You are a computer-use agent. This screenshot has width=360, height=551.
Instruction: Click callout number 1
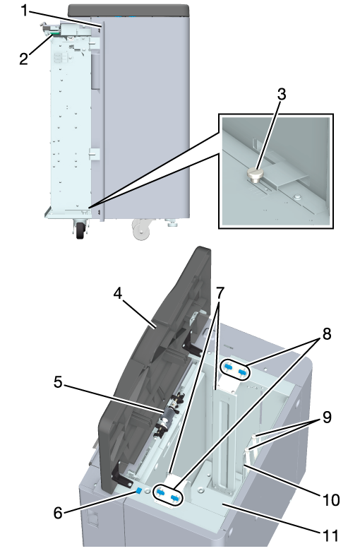pyautogui.click(x=24, y=11)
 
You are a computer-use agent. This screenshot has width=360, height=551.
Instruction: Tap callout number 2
pyautogui.click(x=23, y=59)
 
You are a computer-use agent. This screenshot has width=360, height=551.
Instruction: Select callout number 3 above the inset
pyautogui.click(x=282, y=94)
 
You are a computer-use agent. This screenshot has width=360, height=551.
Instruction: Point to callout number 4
pyautogui.click(x=118, y=293)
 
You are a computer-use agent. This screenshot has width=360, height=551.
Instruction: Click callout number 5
pyautogui.click(x=59, y=382)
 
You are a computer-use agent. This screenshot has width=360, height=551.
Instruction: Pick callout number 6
pyautogui.click(x=58, y=513)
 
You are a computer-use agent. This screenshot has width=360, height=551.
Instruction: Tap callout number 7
pyautogui.click(x=220, y=292)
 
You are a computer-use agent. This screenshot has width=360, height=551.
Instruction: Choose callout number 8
pyautogui.click(x=327, y=334)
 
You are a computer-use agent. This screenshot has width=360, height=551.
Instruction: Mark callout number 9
pyautogui.click(x=327, y=417)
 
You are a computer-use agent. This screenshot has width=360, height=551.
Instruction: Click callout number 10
pyautogui.click(x=330, y=499)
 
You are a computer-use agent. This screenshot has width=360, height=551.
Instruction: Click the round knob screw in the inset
pyautogui.click(x=256, y=174)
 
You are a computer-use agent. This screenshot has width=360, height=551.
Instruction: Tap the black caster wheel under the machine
pyautogui.click(x=80, y=230)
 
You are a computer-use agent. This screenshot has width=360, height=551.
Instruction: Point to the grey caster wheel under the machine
pyautogui.click(x=141, y=230)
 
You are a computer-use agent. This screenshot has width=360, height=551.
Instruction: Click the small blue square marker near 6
pyautogui.click(x=139, y=490)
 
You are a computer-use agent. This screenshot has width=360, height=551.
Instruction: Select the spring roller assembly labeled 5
pyautogui.click(x=168, y=415)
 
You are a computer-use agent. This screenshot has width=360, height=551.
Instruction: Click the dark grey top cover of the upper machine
pyautogui.click(x=129, y=10)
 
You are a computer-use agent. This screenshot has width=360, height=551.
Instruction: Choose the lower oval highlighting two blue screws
pyautogui.click(x=168, y=495)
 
